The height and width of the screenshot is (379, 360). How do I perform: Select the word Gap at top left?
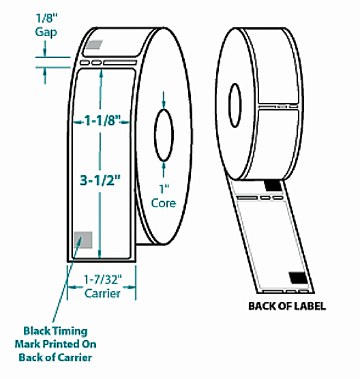(47, 31)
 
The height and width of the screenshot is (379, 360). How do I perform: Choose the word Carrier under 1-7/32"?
(102, 294)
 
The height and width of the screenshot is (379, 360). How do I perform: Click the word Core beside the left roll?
(164, 203)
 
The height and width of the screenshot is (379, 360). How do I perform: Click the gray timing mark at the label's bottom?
(83, 239)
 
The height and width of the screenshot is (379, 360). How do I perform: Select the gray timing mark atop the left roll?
(92, 46)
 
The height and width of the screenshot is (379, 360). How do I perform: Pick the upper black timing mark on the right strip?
(273, 185)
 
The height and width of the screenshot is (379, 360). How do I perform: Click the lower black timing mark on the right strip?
(297, 276)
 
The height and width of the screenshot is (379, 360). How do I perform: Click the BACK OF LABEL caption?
(287, 306)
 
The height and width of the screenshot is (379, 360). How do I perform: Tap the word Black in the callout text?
(38, 333)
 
